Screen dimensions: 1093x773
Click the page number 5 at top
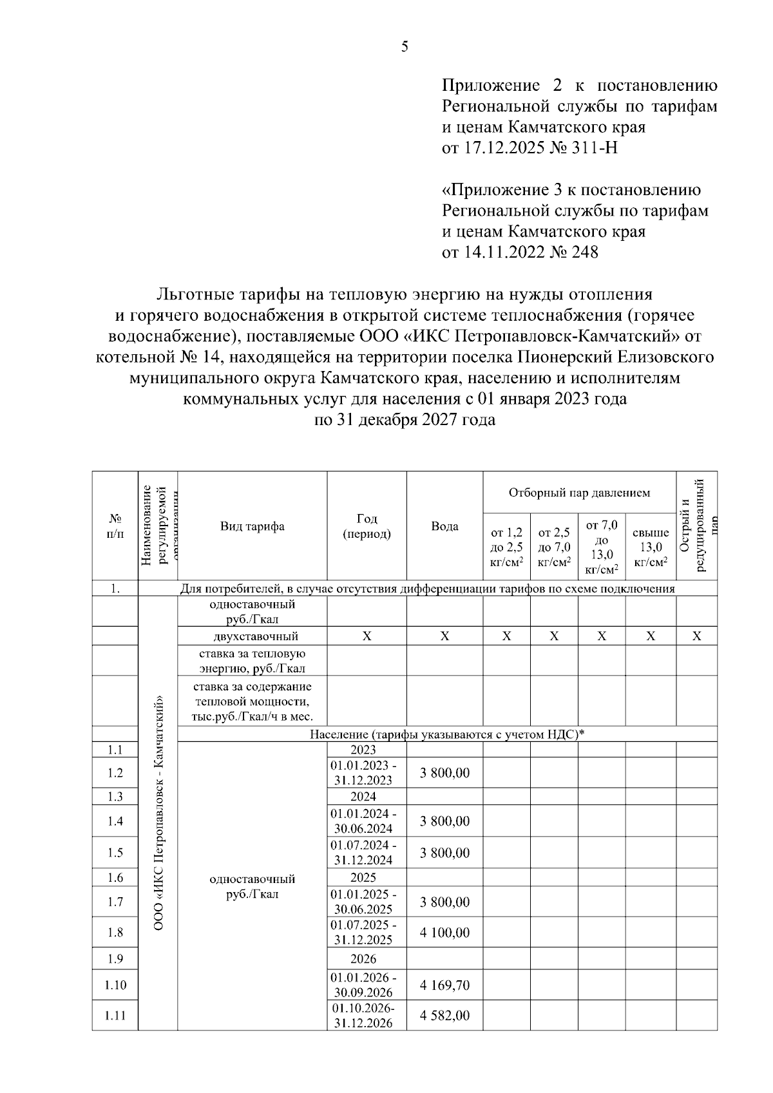coord(405,46)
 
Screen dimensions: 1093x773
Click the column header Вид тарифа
coord(252,526)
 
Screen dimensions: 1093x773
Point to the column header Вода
coord(444,526)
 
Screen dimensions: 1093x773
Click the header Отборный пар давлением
coord(579,493)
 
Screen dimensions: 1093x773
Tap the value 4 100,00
coord(444,933)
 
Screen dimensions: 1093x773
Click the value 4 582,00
coord(444,1016)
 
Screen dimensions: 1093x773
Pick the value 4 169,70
coord(444,985)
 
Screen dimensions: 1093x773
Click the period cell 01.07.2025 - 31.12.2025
coord(364,932)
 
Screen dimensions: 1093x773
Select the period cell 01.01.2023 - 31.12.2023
coord(364,772)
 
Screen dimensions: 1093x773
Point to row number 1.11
coord(115,1016)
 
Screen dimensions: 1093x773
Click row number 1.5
coord(115,853)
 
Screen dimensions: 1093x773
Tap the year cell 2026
coord(363,958)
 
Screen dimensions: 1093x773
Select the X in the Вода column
coord(444,636)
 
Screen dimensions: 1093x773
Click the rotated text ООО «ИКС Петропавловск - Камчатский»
coord(158,812)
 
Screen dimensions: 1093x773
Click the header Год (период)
coord(367,526)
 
